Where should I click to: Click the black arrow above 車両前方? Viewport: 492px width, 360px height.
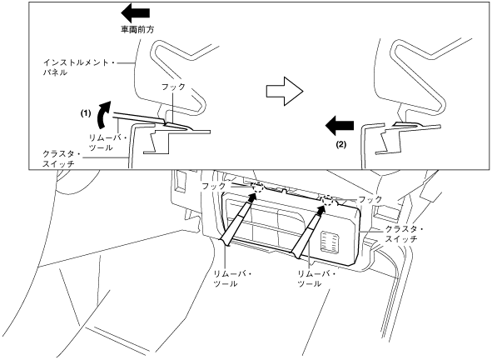[x=135, y=12]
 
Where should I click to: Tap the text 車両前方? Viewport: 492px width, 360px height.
[x=137, y=29]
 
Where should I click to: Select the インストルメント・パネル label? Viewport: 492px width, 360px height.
[x=80, y=67]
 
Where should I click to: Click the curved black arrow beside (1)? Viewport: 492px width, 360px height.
[x=105, y=114]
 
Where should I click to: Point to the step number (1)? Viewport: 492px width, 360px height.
[x=86, y=113]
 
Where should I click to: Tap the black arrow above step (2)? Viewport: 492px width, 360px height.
[x=340, y=125]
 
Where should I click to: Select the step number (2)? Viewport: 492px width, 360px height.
[x=341, y=144]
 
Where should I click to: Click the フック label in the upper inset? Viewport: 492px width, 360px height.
[x=173, y=87]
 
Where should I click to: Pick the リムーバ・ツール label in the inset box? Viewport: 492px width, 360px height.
[x=107, y=142]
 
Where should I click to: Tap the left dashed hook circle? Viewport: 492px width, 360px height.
[x=259, y=187]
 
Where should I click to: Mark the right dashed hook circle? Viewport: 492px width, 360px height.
[x=328, y=199]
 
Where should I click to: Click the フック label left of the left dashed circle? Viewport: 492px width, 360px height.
[x=213, y=186]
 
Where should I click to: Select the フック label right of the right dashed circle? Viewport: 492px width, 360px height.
[x=370, y=199]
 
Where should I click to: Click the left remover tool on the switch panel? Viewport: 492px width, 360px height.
[x=238, y=220]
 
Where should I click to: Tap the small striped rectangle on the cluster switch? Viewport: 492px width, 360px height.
[x=329, y=242]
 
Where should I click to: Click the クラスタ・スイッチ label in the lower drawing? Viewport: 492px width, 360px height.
[x=404, y=234]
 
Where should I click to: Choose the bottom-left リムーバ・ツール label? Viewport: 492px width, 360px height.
[x=232, y=279]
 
